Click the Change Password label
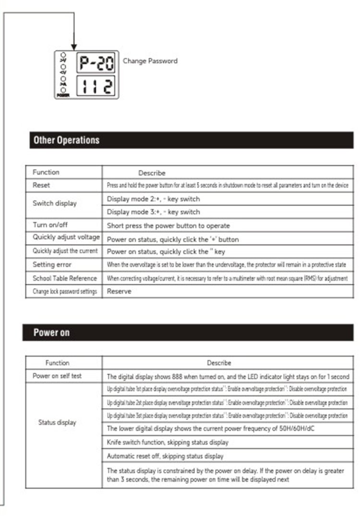point(150,61)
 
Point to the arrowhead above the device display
point(74,46)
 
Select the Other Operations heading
point(66,140)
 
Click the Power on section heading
point(51,332)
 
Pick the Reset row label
point(41,185)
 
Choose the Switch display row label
point(55,203)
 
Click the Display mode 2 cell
point(154,199)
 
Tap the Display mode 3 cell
point(154,212)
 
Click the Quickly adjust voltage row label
point(66,237)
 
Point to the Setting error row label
point(52,265)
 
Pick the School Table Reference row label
point(65,278)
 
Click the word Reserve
point(119,291)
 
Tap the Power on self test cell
point(57,376)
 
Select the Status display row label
point(57,422)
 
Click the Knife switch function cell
point(168,442)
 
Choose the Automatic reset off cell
point(165,456)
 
